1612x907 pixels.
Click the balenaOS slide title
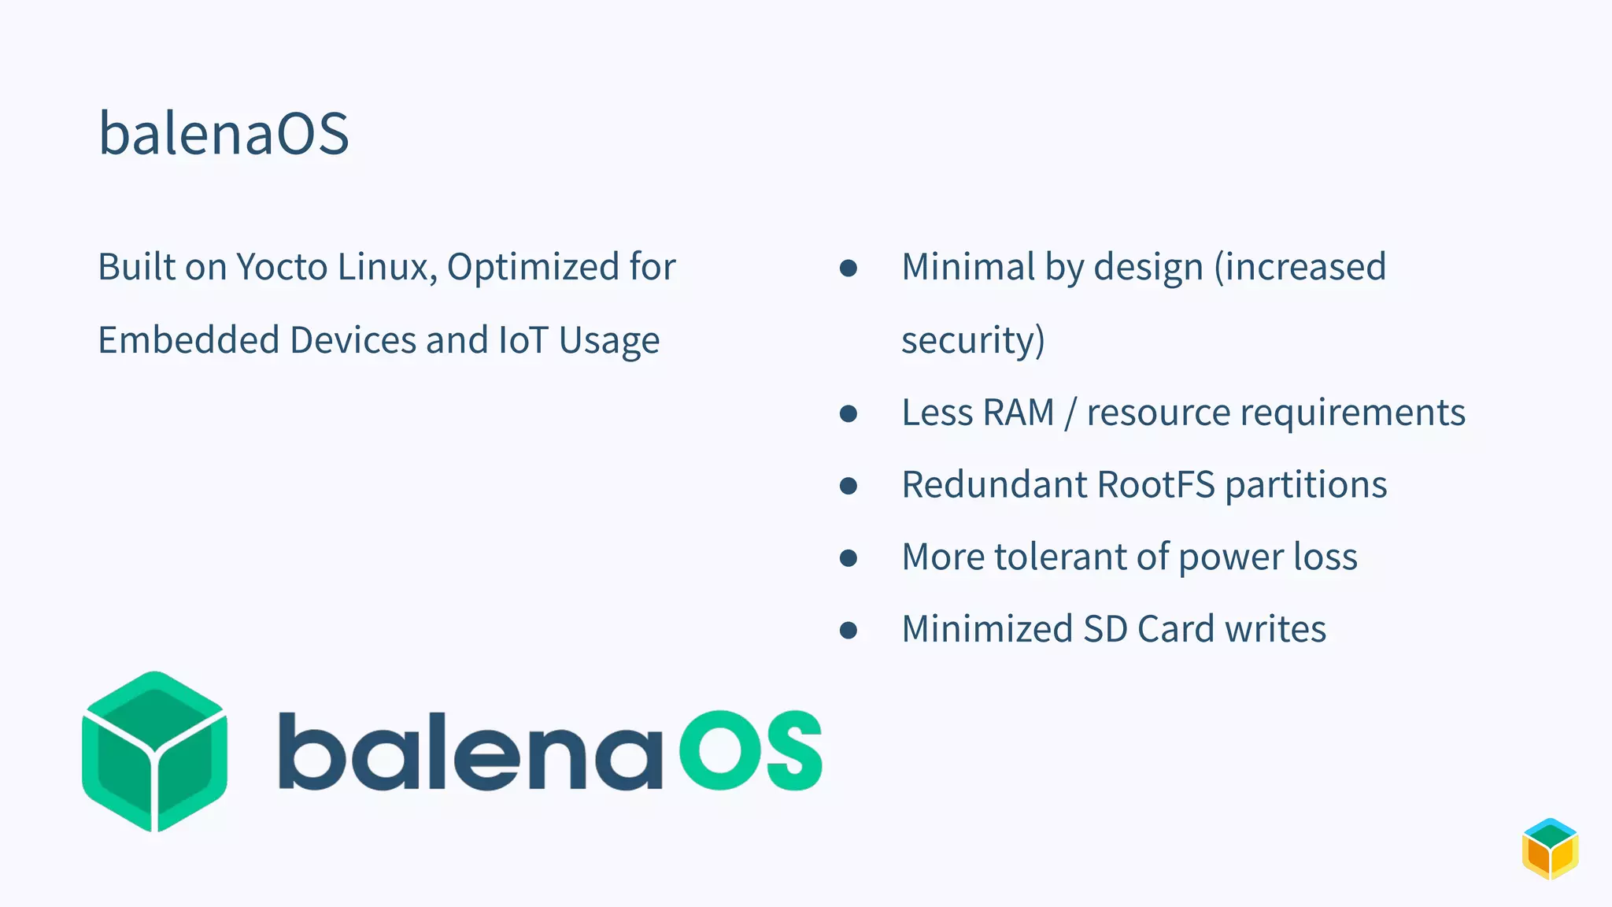coord(224,133)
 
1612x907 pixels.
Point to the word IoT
coord(523,340)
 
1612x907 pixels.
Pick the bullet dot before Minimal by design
coord(848,268)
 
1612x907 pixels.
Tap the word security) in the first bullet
coord(973,340)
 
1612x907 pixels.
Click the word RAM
coord(1019,413)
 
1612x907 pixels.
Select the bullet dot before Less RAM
coord(848,413)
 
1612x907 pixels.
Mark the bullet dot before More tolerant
coord(848,558)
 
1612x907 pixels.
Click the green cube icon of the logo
coord(155,751)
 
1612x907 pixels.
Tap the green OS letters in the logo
coord(751,750)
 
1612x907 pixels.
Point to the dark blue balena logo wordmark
coord(470,751)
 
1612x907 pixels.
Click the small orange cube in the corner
coord(1550,849)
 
